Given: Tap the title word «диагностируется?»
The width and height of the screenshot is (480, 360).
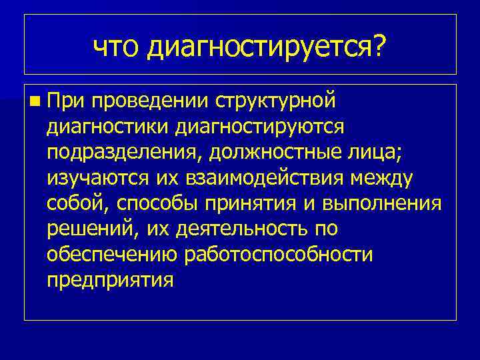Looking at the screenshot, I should tap(267, 47).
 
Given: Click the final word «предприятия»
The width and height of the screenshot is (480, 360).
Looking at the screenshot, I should tap(110, 279).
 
